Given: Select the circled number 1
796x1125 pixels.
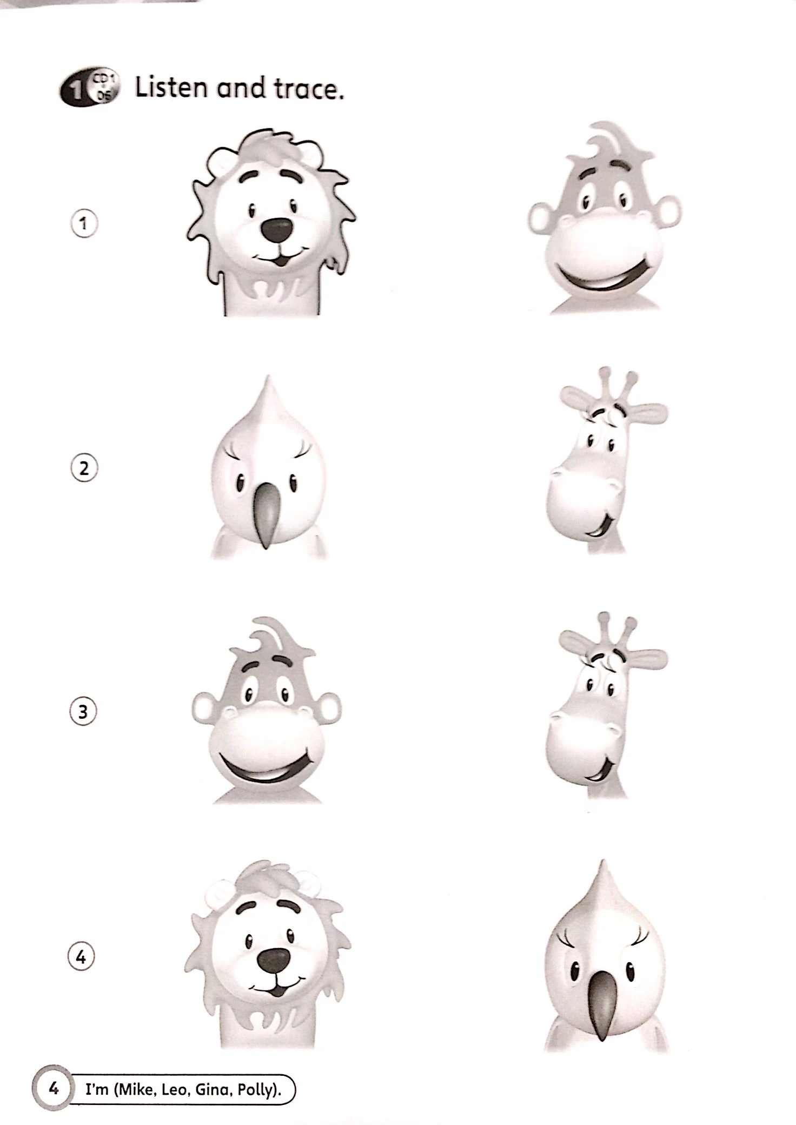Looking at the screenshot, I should coord(84,223).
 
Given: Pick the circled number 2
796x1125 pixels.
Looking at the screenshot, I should coord(84,468).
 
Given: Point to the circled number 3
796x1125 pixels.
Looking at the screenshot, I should coord(83,712).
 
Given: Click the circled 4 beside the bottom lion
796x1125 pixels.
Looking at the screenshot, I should coord(81,957).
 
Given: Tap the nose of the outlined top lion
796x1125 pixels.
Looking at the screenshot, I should coord(277,230).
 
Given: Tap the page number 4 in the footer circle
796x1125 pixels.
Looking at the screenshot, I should coord(53,1088).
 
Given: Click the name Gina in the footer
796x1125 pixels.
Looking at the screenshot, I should coord(211,1089).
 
